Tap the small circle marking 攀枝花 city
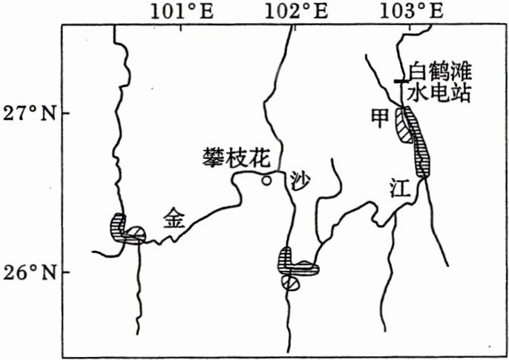click(x=266, y=180)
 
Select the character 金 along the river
click(x=173, y=217)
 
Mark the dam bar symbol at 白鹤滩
click(x=401, y=80)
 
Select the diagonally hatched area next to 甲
click(x=404, y=125)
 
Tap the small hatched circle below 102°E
click(x=291, y=282)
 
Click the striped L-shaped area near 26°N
click(x=294, y=261)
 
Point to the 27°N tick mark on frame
click(x=64, y=113)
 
